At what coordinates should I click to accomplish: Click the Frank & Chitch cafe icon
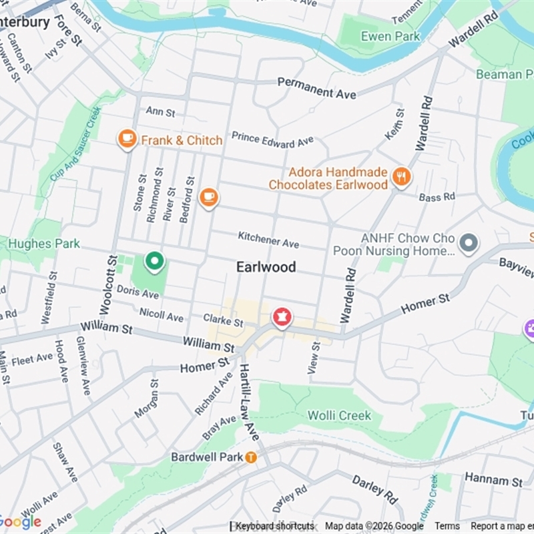127,139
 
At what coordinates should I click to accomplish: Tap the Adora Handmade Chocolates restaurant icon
401,176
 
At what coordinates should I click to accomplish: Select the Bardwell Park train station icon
251,457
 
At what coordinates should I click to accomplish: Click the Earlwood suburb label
266,267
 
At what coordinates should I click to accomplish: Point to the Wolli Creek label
339,415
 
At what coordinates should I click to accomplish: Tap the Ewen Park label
390,36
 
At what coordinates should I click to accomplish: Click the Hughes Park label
44,244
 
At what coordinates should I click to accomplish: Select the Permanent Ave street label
316,87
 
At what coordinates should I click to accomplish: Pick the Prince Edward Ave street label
272,139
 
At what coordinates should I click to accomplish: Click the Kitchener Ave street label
268,240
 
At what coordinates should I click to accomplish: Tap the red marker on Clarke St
281,317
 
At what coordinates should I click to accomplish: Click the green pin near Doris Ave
154,261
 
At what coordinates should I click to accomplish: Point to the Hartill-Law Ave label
248,401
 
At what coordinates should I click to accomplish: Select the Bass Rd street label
437,197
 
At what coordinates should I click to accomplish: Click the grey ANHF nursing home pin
469,243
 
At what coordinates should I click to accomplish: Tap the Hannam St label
494,479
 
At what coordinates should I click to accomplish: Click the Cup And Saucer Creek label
75,144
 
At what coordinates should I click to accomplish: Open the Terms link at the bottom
447,526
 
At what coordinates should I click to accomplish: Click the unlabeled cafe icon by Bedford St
209,197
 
